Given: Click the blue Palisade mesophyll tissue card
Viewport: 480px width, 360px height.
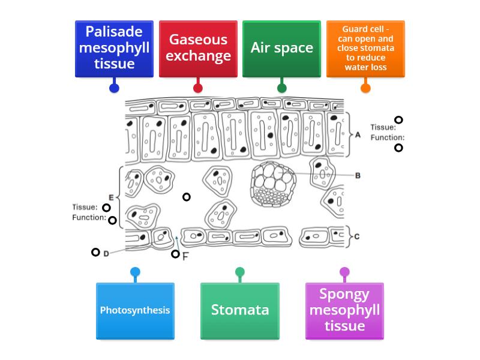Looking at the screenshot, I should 114,48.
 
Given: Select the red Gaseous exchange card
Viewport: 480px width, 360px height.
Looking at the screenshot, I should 198,48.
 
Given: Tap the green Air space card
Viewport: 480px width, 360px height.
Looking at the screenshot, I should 281,48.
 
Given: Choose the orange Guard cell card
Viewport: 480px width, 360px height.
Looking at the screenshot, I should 365,48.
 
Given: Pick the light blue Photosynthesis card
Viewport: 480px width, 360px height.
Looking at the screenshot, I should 135,310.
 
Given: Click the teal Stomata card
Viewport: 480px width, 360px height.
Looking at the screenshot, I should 240,310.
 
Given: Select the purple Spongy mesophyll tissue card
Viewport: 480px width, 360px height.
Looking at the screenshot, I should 344,310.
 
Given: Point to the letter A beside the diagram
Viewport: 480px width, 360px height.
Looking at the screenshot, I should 358,135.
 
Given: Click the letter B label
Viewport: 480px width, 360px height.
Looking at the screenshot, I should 358,176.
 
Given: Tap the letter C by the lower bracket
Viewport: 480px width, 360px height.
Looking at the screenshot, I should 357,236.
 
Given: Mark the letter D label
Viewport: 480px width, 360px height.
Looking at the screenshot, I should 106,254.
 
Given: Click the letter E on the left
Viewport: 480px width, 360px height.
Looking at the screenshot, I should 111,197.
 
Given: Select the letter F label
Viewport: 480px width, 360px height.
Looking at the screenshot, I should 185,256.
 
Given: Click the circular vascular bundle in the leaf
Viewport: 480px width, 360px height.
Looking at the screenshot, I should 274,183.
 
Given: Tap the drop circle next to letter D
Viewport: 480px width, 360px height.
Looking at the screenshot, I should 95,253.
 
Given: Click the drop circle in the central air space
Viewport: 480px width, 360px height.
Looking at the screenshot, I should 187,197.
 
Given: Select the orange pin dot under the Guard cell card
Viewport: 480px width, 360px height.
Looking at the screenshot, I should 365,88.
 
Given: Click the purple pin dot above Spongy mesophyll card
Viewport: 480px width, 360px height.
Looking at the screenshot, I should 344,272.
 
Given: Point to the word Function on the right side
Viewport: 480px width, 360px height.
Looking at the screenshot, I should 387,137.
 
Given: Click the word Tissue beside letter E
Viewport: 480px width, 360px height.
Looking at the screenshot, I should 85,208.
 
